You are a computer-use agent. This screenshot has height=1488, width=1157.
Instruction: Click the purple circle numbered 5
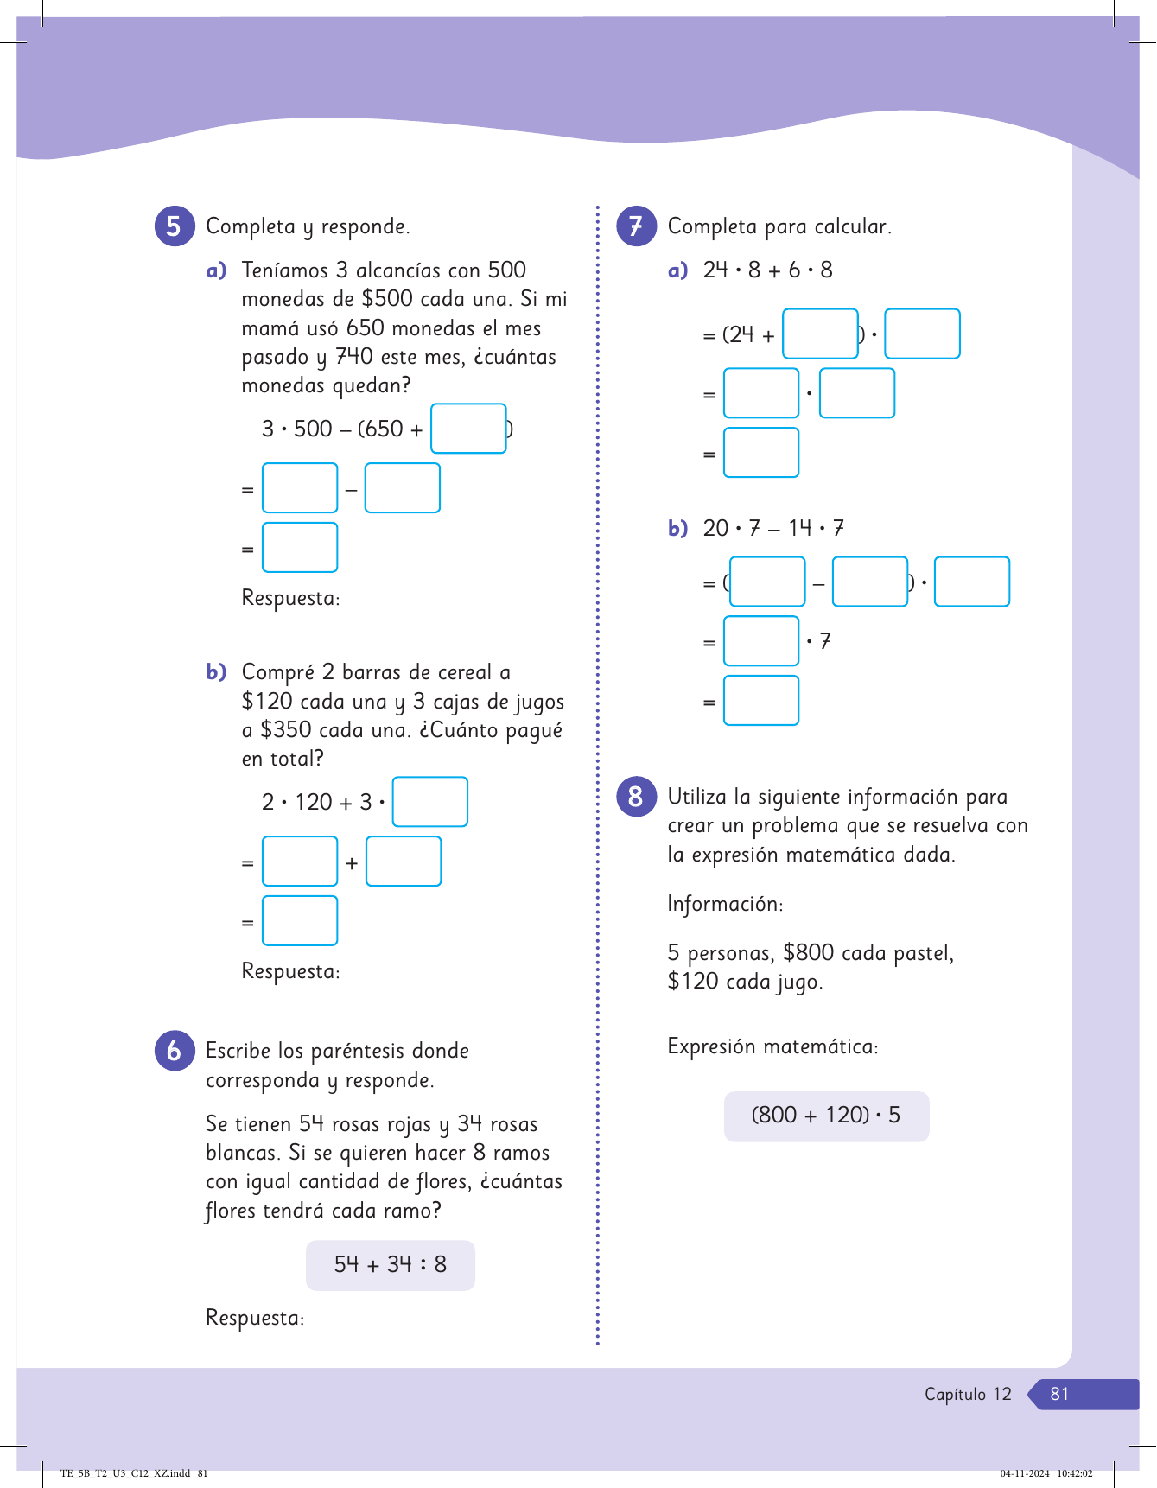[x=175, y=226]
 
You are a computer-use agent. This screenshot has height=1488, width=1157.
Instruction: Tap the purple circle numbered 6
[x=175, y=1051]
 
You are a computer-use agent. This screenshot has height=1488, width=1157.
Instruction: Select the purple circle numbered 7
[x=636, y=226]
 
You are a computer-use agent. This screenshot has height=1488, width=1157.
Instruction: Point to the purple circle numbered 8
[x=636, y=797]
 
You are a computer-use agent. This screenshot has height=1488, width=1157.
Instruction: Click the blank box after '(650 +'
[x=468, y=429]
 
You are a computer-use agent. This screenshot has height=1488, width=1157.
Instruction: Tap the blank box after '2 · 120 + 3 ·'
[x=430, y=802]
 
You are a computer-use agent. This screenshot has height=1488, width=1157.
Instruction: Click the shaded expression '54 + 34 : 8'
[x=391, y=1265]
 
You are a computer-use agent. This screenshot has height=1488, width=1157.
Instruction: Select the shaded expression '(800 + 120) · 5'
[x=826, y=1116]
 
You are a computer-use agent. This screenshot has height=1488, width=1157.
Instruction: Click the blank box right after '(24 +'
[x=820, y=334]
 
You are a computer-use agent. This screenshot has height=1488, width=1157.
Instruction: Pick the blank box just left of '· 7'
[x=761, y=641]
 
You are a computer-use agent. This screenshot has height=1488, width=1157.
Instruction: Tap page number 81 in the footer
[x=1059, y=1394]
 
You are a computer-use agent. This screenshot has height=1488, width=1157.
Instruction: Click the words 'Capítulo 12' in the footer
[x=968, y=1394]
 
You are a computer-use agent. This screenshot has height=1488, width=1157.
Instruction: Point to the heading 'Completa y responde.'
[x=308, y=226]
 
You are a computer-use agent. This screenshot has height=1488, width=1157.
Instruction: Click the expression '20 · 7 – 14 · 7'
[x=773, y=528]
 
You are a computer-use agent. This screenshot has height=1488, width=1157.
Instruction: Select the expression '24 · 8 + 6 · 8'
[x=767, y=270]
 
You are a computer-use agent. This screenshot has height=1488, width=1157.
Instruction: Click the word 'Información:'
[x=725, y=905]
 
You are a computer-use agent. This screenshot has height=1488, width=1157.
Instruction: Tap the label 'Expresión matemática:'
[x=772, y=1047]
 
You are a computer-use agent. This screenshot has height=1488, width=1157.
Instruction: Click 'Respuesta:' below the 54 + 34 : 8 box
[x=255, y=1319]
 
